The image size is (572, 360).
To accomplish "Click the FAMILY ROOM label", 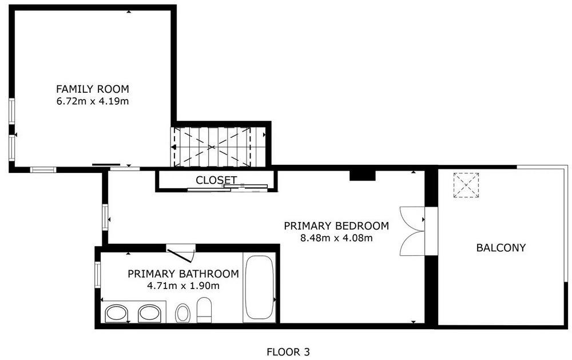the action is point(92,89).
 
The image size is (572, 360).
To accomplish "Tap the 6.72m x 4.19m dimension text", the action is point(92,101).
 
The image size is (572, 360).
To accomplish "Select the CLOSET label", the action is point(216,180).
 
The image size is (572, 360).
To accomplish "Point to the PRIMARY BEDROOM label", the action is point(336,226).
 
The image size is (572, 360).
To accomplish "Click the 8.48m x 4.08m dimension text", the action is point(336,239).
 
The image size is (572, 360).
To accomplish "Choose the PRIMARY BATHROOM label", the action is point(183,274).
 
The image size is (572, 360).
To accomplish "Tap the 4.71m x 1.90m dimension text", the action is point(183,286).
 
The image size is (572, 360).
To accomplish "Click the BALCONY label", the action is point(501,248).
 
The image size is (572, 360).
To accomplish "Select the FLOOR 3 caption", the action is point(288,352).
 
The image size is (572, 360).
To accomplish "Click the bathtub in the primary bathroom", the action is point(259,288).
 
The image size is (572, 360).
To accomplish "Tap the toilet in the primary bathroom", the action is point(204,310).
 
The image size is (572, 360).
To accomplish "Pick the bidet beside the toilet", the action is point(182,313).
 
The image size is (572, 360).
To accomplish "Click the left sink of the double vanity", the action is point(116,314).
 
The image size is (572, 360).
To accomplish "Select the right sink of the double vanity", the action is point(149,314).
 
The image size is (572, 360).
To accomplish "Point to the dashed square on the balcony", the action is point(466,185).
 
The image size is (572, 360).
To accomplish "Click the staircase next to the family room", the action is point(218,147).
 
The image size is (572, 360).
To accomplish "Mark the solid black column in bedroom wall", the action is point(363,175).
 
